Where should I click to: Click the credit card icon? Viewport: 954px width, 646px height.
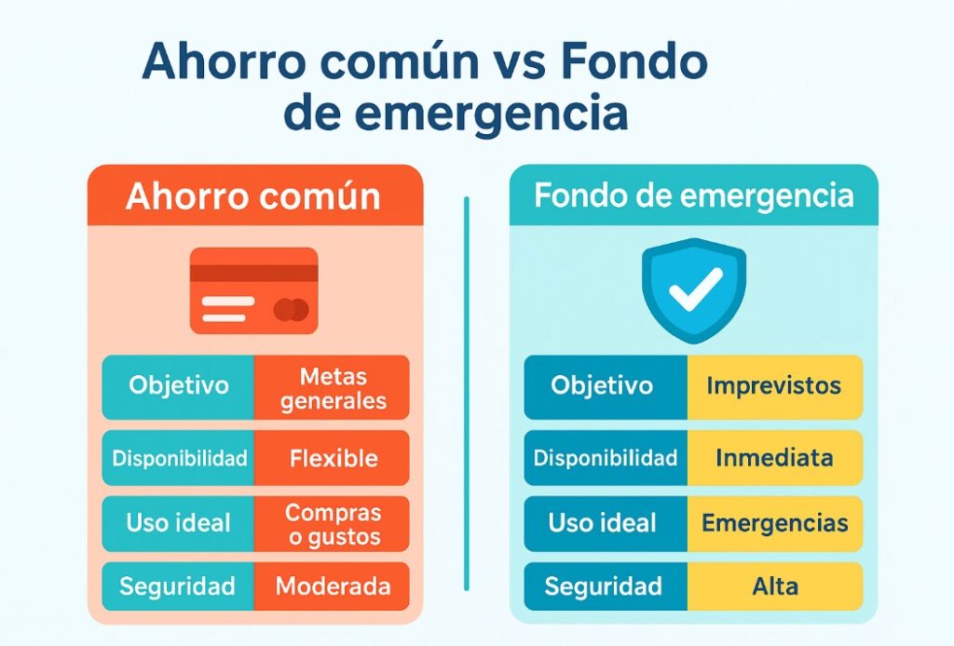tap(253, 290)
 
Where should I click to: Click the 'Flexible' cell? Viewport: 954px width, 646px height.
tap(332, 458)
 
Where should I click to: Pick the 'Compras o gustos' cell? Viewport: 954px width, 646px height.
tap(332, 524)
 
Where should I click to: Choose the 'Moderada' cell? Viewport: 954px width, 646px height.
tap(332, 587)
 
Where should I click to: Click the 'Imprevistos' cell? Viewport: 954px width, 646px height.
tap(774, 385)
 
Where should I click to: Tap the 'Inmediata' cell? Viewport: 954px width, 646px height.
tap(774, 458)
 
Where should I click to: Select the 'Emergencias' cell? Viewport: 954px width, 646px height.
tap(774, 523)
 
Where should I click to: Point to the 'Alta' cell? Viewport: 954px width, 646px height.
tap(774, 586)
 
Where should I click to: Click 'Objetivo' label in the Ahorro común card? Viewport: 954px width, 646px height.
tap(178, 386)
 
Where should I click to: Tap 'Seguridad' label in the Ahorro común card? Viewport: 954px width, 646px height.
tap(177, 587)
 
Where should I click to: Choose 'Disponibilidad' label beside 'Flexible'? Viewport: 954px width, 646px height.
tap(179, 458)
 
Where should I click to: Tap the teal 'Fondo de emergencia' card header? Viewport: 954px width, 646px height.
tap(693, 195)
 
